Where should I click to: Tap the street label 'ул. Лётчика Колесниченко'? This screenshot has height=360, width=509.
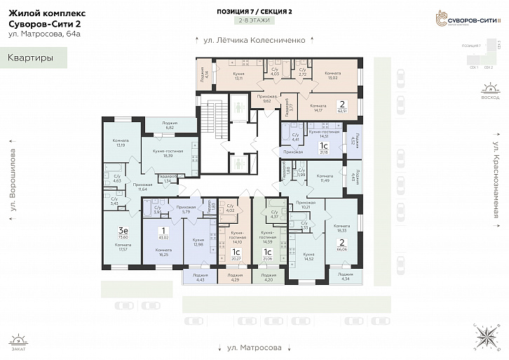click(x=254, y=41)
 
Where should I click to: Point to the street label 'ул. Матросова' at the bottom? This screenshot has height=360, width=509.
click(x=254, y=347)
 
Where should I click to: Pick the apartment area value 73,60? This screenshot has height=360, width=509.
click(x=123, y=238)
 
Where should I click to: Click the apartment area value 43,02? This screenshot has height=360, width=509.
click(x=164, y=238)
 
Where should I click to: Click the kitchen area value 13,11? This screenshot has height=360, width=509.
click(x=238, y=78)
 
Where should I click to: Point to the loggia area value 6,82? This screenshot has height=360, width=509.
click(x=169, y=128)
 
